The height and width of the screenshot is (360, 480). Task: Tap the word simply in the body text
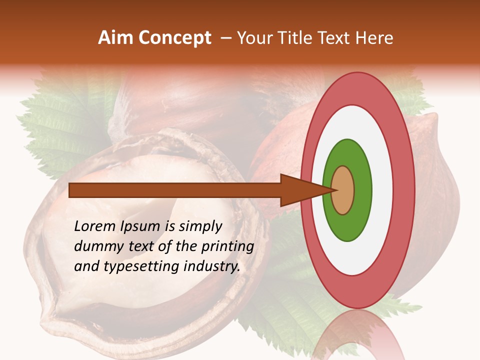coord(200,226)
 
